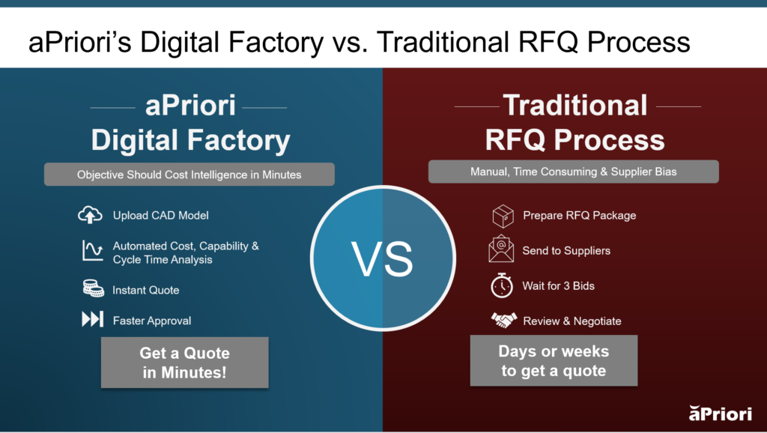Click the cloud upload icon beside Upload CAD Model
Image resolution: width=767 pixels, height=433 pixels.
90,216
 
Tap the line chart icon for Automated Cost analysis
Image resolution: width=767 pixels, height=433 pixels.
91,252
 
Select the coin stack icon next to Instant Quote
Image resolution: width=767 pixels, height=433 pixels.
91,289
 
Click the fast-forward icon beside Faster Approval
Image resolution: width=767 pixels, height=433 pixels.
91,321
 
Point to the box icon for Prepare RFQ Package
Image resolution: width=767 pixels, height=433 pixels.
502,216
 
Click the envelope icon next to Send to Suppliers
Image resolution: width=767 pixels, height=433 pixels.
501,250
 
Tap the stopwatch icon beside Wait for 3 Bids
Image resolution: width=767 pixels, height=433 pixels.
502,285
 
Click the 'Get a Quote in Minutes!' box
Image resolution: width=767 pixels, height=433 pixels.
184,362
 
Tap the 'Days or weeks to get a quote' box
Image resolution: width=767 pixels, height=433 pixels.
554,360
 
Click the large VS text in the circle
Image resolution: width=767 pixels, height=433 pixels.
382,258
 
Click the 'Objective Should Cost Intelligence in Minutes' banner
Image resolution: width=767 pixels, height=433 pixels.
189,175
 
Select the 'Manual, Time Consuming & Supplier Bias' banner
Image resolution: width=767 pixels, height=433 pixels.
573,172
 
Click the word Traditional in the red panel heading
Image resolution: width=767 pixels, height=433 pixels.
575,106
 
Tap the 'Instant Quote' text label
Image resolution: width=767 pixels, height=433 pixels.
146,290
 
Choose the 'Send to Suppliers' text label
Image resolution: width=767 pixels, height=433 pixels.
566,250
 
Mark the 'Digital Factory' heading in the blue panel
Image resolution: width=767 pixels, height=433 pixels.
190,140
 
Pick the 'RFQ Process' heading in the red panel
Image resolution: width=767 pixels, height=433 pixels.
575,140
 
